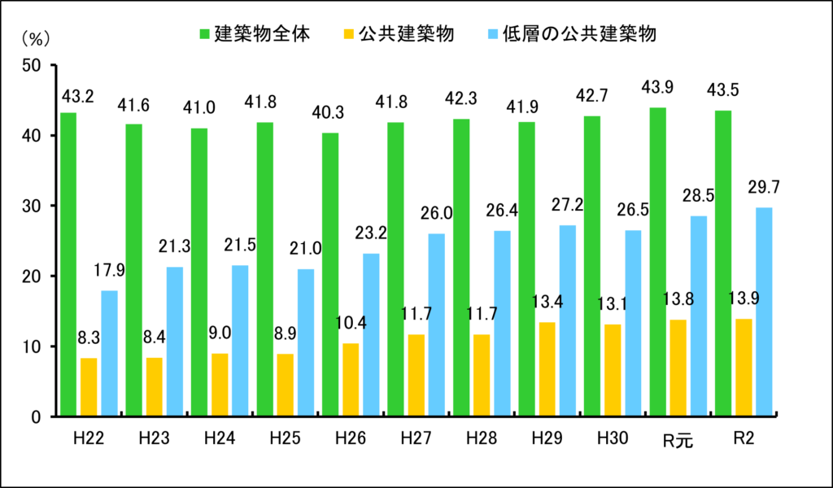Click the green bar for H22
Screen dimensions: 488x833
(x=68, y=264)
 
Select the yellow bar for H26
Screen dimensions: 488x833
(x=351, y=380)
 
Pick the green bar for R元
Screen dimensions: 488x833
(x=657, y=262)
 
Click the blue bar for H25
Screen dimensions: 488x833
(x=306, y=342)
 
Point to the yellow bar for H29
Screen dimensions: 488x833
(x=547, y=369)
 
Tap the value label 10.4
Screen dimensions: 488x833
(x=351, y=324)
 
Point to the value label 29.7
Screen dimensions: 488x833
(x=764, y=189)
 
